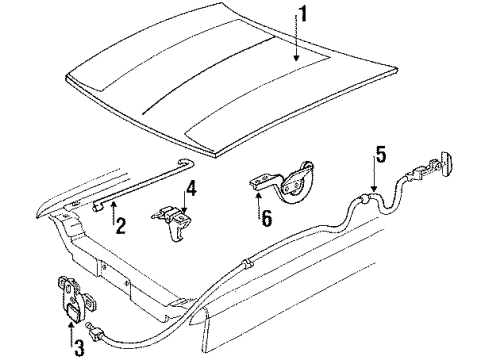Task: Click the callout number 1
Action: (302, 13)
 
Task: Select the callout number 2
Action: (120, 226)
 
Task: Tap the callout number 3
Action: (79, 348)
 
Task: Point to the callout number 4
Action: (191, 189)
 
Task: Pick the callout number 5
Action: (380, 154)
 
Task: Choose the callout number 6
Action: (267, 219)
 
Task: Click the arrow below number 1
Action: (296, 39)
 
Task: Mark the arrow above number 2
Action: (113, 213)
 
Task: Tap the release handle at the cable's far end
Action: (446, 161)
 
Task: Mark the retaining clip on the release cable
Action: (247, 263)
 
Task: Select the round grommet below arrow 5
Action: (364, 199)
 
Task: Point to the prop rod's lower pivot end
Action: (98, 208)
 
